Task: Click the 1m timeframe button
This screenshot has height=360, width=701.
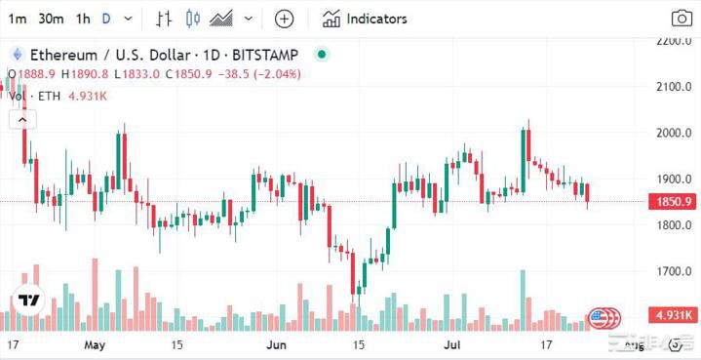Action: pyautogui.click(x=18, y=19)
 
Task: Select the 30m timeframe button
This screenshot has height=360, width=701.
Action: pyautogui.click(x=51, y=19)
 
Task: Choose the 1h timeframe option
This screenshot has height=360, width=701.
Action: pyautogui.click(x=83, y=19)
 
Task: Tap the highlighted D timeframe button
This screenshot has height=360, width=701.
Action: pyautogui.click(x=106, y=19)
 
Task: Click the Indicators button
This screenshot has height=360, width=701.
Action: pyautogui.click(x=366, y=19)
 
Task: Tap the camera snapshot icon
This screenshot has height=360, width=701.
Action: pyautogui.click(x=682, y=19)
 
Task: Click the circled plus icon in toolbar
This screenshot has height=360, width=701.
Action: pyautogui.click(x=284, y=19)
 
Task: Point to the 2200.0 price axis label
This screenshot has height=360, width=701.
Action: pyautogui.click(x=674, y=41)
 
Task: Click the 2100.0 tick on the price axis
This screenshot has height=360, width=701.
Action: pyautogui.click(x=674, y=88)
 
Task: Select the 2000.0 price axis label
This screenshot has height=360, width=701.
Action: pyautogui.click(x=674, y=134)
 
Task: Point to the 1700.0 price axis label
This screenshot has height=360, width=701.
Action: pyautogui.click(x=674, y=271)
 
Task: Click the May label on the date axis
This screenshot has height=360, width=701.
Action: pyautogui.click(x=95, y=345)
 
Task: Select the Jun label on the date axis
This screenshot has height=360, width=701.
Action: pyautogui.click(x=277, y=345)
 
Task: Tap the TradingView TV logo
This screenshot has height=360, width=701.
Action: pyautogui.click(x=29, y=300)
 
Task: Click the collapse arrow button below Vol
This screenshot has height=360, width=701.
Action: pyautogui.click(x=22, y=120)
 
